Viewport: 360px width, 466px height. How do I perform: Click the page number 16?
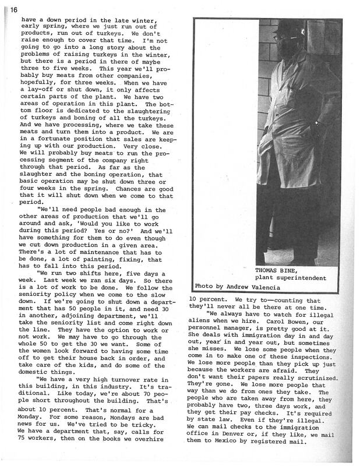tap(13, 9)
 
